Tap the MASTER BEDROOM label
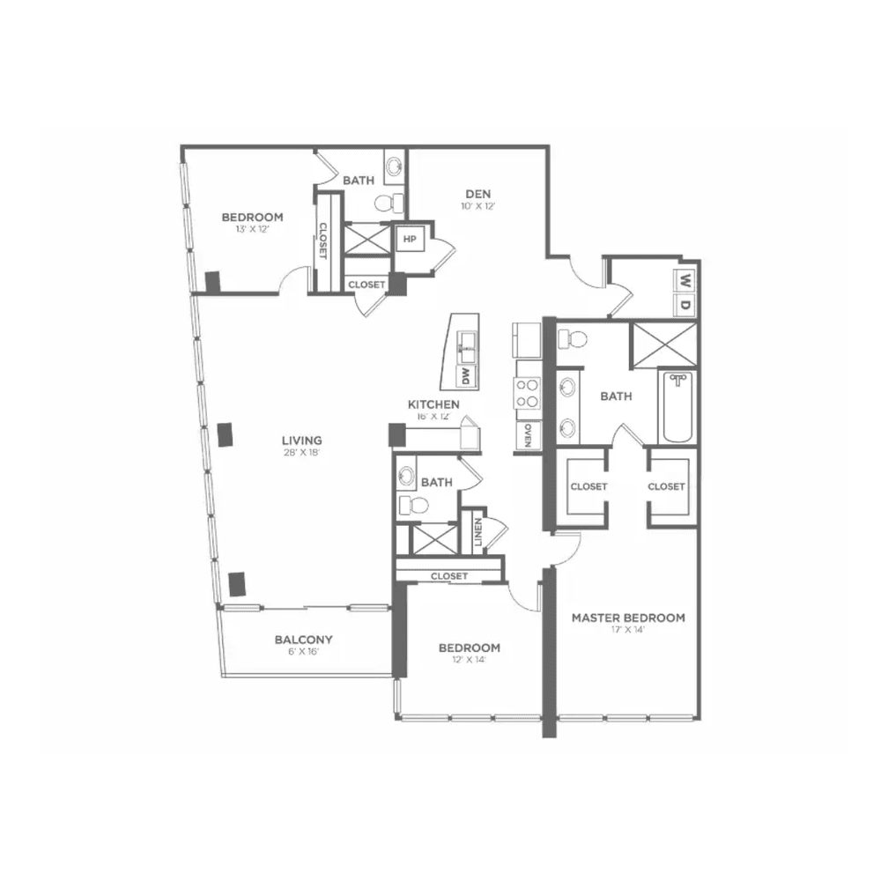628,618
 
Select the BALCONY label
303,640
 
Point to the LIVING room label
301,440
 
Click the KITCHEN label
433,404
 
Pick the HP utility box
409,239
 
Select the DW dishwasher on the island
463,376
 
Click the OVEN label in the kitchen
527,435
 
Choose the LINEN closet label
478,534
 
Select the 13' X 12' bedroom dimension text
251,230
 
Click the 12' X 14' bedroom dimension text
469,660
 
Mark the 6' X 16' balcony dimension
303,653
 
